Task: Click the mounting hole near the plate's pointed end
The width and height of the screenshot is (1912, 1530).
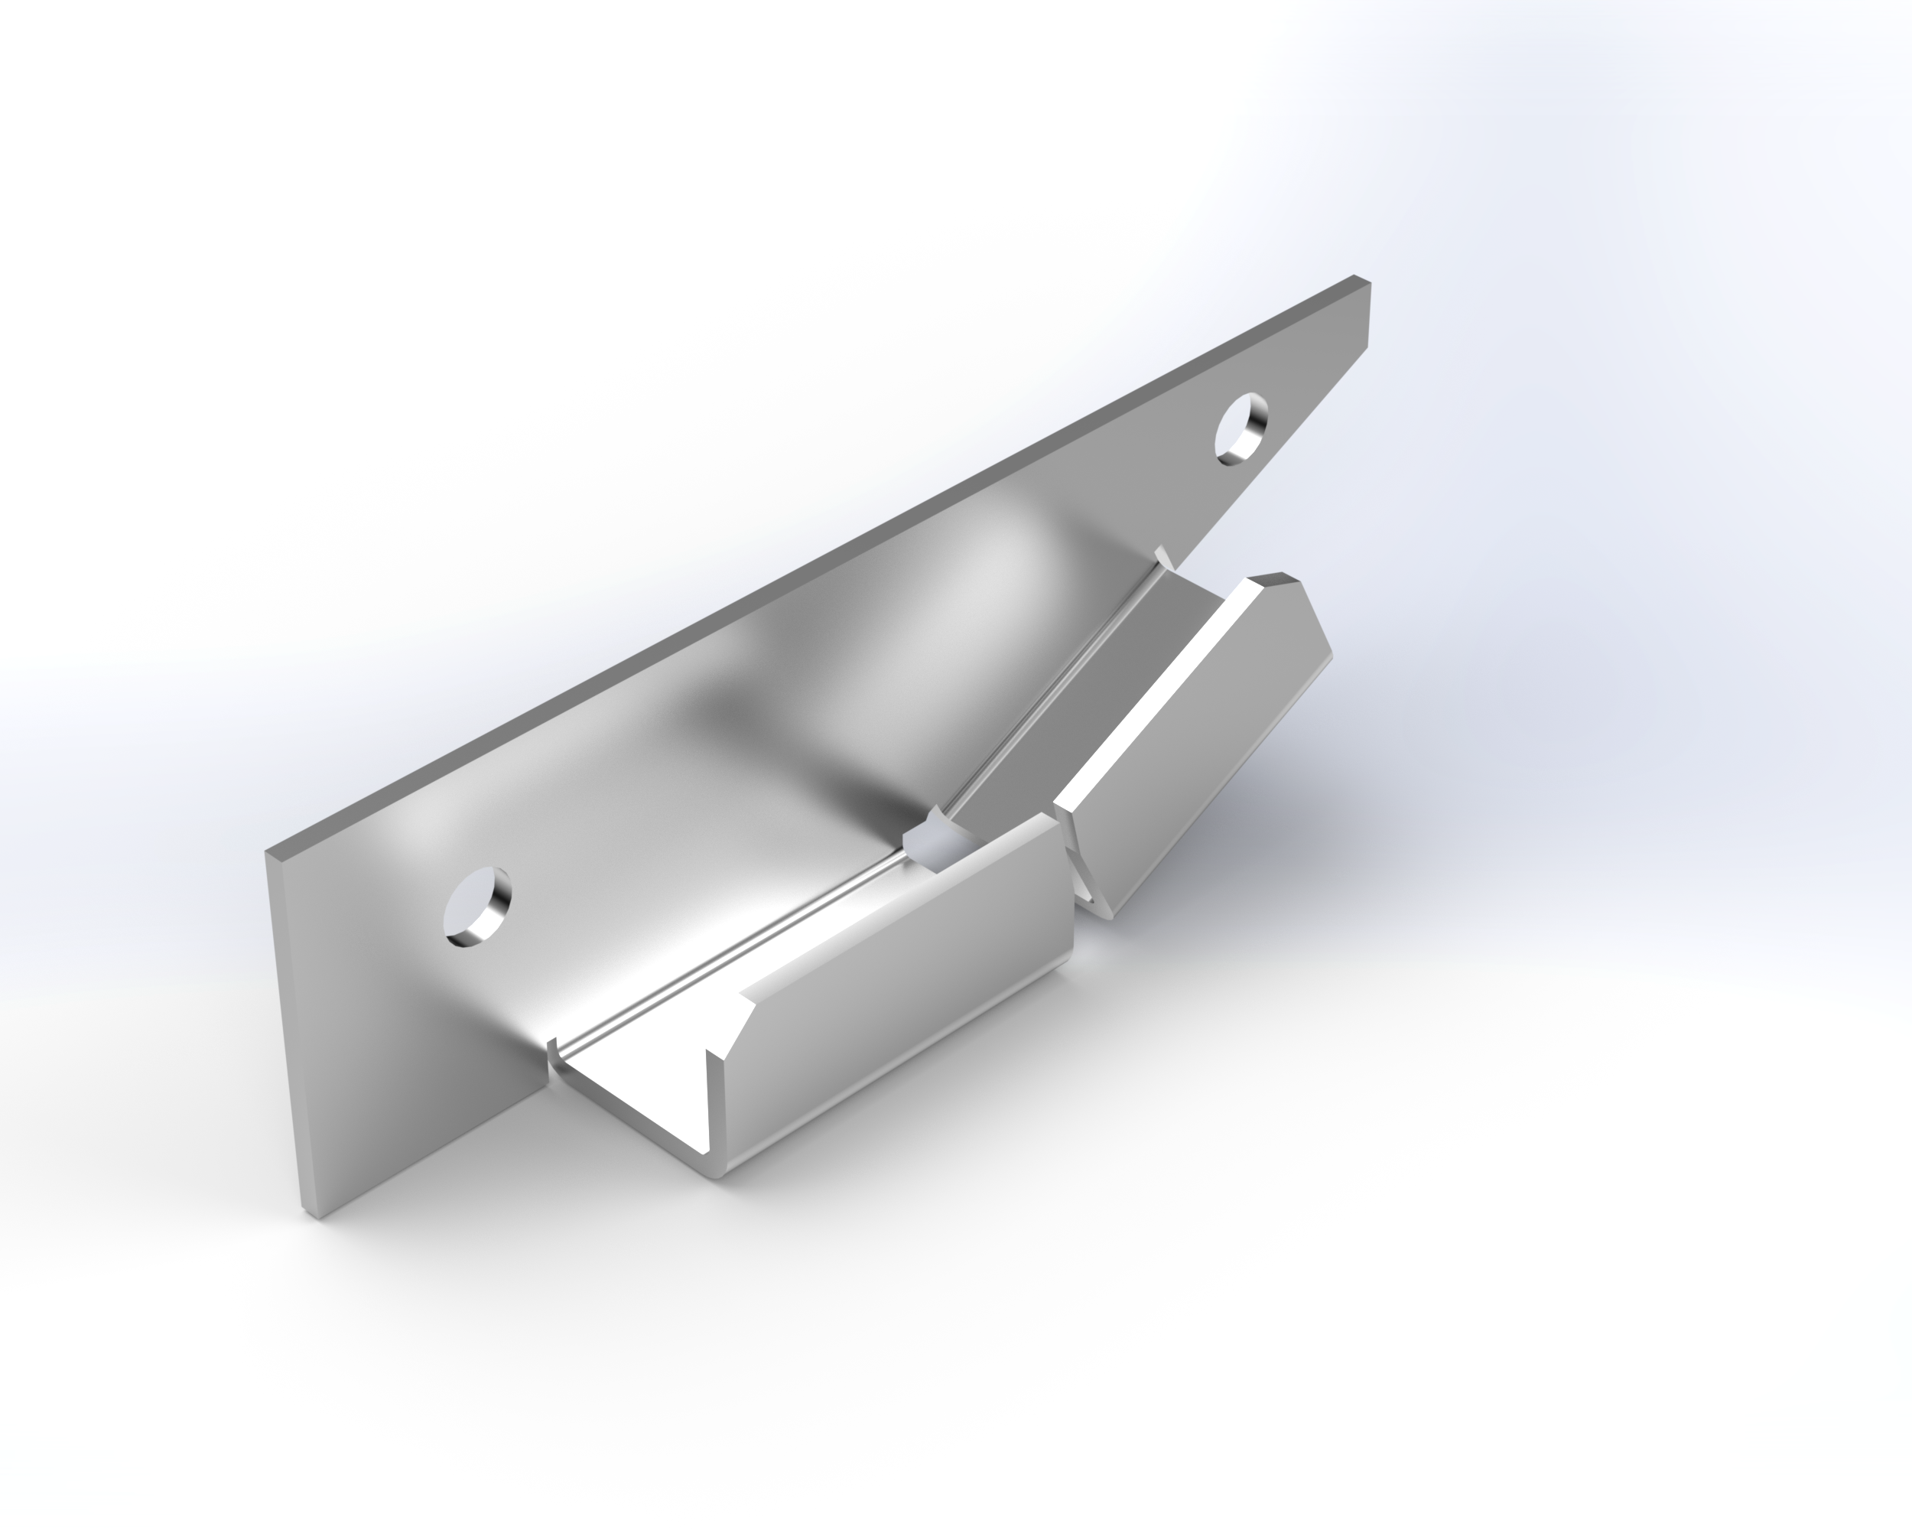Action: pyautogui.click(x=1241, y=428)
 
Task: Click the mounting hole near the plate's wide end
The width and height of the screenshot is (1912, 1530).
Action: pyautogui.click(x=477, y=907)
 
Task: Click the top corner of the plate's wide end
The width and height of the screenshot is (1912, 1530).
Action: pyautogui.click(x=268, y=852)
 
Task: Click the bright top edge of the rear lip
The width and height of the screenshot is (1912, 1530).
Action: pyautogui.click(x=1153, y=692)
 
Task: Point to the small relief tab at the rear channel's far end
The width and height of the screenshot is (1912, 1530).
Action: pyautogui.click(x=1164, y=557)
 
